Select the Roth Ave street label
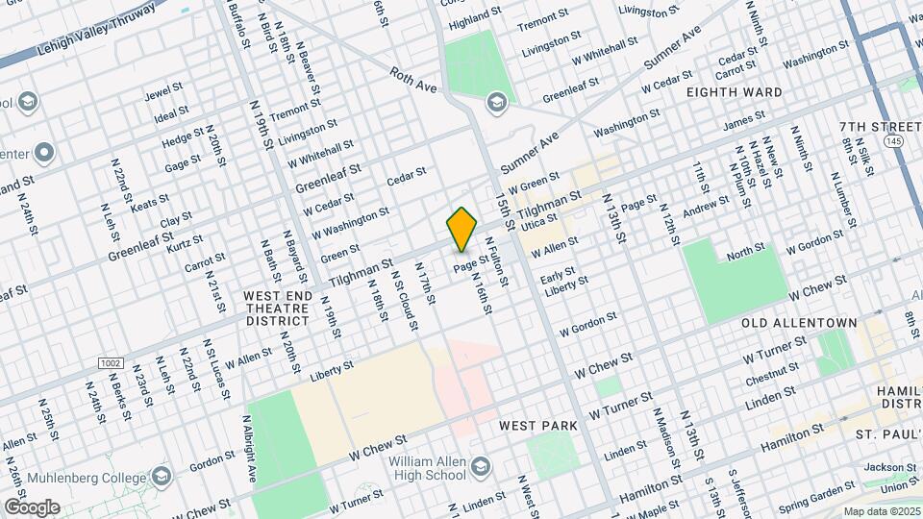click(414, 80)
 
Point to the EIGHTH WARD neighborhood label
click(734, 92)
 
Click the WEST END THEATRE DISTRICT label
click(277, 308)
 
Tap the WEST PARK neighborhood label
click(538, 425)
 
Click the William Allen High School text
click(427, 468)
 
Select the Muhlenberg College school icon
click(162, 477)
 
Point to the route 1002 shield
click(111, 362)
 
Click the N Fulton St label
click(496, 261)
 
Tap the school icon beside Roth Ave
click(496, 101)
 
